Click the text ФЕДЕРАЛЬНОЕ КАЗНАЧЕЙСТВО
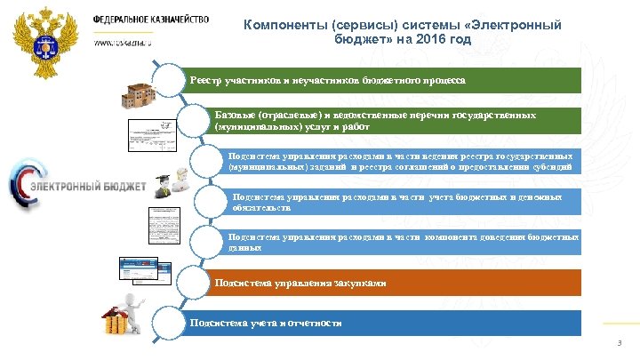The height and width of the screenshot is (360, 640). tap(152, 19)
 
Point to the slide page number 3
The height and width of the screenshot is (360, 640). tap(620, 344)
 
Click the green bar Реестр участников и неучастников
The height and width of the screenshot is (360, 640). tap(382, 80)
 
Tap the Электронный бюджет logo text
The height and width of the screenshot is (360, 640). tap(80, 187)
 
